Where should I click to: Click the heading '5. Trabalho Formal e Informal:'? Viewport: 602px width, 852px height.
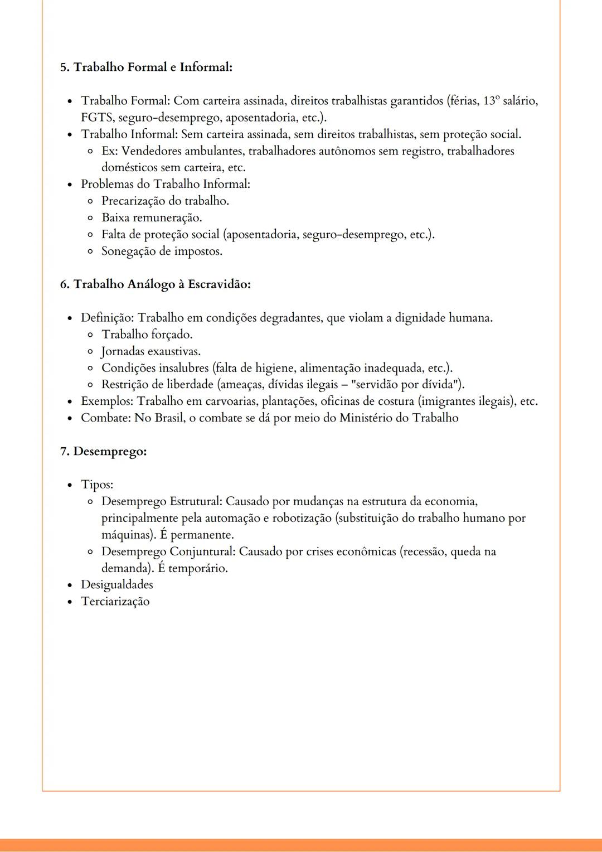point(146,67)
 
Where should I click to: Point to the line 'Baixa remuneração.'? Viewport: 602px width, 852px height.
point(152,217)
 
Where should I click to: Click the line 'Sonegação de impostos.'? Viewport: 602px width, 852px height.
point(162,251)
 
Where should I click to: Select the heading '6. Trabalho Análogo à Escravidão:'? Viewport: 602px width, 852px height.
point(156,284)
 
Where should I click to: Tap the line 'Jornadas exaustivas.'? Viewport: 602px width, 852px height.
point(151,351)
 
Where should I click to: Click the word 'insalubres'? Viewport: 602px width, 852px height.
point(183,368)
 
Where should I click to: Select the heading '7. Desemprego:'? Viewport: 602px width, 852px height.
point(103,451)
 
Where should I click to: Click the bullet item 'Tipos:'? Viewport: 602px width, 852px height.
point(97,485)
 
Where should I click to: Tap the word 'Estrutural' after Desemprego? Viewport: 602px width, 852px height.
point(195,501)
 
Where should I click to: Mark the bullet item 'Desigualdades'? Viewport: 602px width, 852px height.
point(117,584)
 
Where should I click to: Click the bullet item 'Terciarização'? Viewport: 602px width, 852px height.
point(115,601)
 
